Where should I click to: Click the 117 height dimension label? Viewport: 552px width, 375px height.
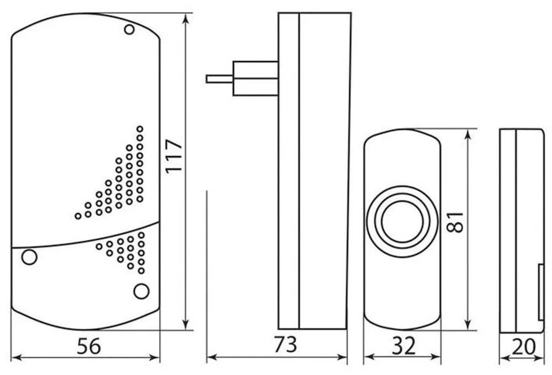click(174, 156)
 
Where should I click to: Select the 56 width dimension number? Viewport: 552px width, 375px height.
click(89, 346)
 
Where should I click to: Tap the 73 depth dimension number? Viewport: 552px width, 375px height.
click(285, 345)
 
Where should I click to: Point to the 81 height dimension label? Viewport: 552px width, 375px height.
click(455, 222)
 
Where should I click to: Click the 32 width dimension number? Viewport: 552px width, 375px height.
click(404, 346)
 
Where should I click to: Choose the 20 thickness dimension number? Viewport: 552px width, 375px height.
click(524, 346)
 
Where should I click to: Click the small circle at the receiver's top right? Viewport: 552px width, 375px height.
click(129, 30)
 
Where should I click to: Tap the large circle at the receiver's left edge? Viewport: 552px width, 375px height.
click(29, 257)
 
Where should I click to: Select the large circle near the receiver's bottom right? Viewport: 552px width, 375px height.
click(141, 291)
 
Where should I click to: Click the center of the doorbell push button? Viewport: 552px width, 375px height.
click(402, 222)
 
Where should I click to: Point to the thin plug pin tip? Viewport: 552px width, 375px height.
click(207, 79)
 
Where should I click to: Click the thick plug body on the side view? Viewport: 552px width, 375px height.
click(256, 78)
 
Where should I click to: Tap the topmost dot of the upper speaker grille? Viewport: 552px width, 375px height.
click(140, 128)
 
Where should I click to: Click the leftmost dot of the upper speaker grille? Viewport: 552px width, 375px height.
click(78, 216)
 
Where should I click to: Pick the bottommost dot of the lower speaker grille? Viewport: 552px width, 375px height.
click(141, 271)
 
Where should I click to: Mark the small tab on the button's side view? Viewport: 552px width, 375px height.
click(541, 292)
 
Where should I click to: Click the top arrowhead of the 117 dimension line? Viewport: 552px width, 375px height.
click(186, 18)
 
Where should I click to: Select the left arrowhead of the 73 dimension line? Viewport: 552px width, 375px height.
click(211, 357)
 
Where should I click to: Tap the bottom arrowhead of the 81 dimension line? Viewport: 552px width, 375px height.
click(468, 325)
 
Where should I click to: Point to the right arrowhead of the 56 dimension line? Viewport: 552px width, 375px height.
click(155, 358)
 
